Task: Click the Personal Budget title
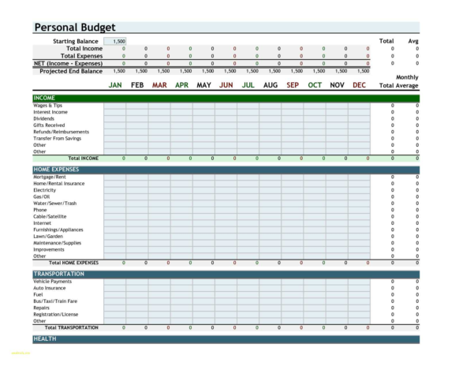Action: click(74, 27)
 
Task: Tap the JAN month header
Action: click(115, 85)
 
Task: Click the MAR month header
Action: click(159, 85)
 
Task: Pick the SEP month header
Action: click(293, 85)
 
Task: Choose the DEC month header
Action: click(359, 85)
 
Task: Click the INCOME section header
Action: click(44, 99)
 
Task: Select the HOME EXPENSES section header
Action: click(57, 170)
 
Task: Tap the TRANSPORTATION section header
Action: click(58, 274)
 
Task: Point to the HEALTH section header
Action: click(44, 338)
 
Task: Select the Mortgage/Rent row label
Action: click(50, 177)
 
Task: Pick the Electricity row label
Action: click(45, 190)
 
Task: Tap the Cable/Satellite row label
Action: click(50, 216)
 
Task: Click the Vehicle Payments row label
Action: click(52, 281)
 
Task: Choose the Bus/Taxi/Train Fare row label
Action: click(55, 301)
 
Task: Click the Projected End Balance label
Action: click(71, 71)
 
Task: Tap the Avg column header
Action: click(413, 41)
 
